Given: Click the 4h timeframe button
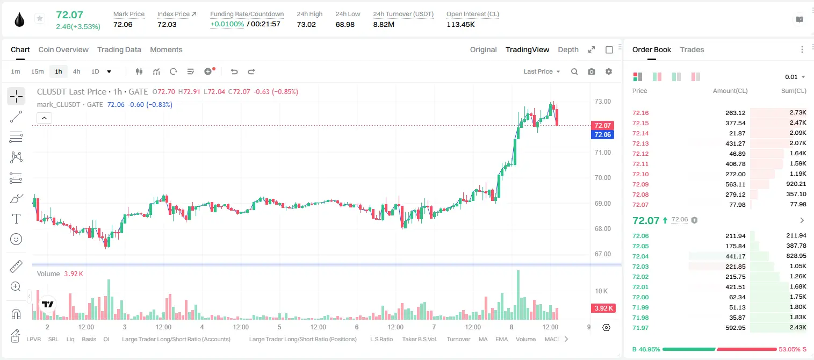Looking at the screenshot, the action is pyautogui.click(x=76, y=71).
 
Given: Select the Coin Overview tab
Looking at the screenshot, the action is pyautogui.click(x=63, y=50).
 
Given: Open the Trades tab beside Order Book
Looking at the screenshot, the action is pyautogui.click(x=692, y=50).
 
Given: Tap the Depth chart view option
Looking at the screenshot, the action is pyautogui.click(x=568, y=50).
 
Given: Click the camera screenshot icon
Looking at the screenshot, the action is pyautogui.click(x=592, y=71).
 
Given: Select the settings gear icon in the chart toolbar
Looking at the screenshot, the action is pyautogui.click(x=609, y=71).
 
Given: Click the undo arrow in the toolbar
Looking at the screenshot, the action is pyautogui.click(x=234, y=71).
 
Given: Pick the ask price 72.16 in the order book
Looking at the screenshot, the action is pyautogui.click(x=640, y=113).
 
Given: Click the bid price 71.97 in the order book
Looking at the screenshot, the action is pyautogui.click(x=640, y=328).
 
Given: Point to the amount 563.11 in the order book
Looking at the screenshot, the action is pyautogui.click(x=735, y=184).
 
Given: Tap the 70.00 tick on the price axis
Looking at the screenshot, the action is pyautogui.click(x=602, y=178).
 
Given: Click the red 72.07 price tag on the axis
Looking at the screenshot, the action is pyautogui.click(x=602, y=125).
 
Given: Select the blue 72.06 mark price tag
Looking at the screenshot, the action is pyautogui.click(x=602, y=135).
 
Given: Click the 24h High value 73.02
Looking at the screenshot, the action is pyautogui.click(x=306, y=24).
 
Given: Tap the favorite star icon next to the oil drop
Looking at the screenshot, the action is pyautogui.click(x=40, y=18).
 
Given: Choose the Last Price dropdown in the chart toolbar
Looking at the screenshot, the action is pyautogui.click(x=542, y=71).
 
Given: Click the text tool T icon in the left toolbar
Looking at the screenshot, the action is pyautogui.click(x=16, y=219).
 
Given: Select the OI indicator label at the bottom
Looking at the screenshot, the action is pyautogui.click(x=106, y=339).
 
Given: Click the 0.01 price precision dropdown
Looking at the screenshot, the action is pyautogui.click(x=795, y=77).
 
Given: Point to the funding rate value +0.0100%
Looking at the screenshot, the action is pyautogui.click(x=227, y=24).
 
